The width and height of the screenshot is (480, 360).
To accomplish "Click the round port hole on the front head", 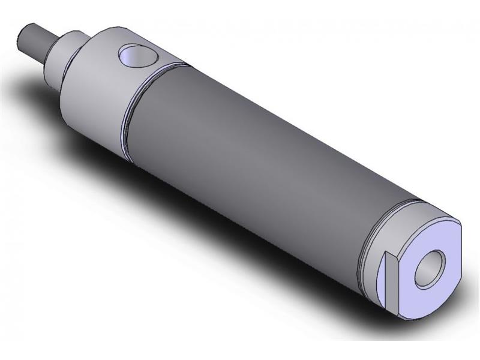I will (x=137, y=56).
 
